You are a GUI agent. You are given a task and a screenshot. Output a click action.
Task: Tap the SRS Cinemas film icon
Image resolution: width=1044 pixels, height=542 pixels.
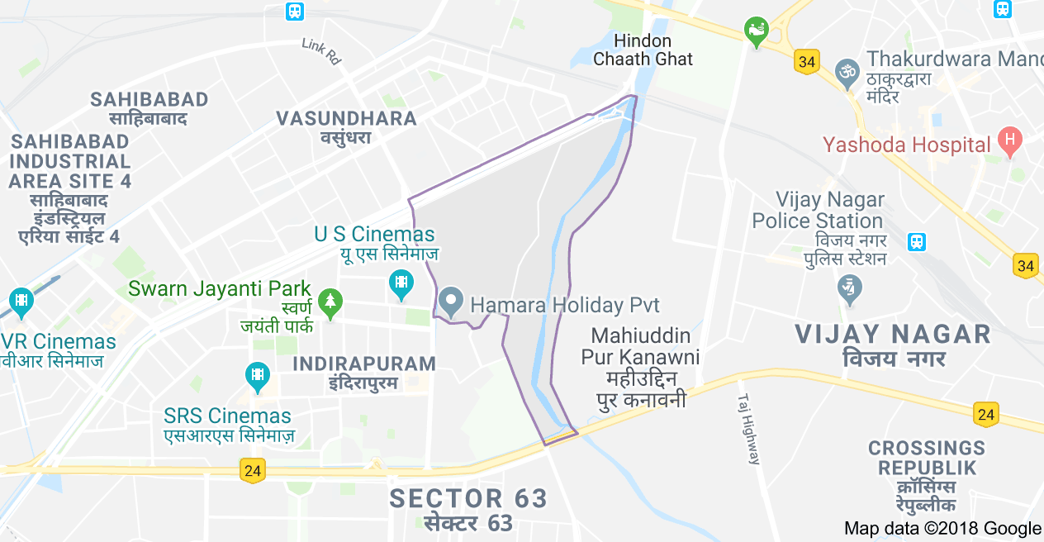tap(259, 377)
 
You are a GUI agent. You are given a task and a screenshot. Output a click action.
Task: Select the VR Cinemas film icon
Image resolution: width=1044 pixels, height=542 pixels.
tap(21, 302)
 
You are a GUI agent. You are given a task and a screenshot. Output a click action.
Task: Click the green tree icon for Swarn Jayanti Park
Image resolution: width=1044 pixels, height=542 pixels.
tap(330, 303)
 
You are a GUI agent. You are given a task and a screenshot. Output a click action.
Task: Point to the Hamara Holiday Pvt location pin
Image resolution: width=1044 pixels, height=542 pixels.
tap(450, 302)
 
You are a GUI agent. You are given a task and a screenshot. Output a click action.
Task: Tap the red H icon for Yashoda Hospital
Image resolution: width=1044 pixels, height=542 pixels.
tap(1008, 142)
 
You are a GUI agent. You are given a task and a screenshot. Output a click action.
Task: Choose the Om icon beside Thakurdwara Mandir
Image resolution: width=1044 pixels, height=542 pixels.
tap(847, 72)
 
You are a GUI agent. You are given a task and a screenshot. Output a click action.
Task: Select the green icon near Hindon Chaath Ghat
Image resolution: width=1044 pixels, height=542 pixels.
tap(755, 31)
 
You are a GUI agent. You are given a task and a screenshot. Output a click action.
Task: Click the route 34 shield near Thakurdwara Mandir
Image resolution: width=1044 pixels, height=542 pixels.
tap(807, 62)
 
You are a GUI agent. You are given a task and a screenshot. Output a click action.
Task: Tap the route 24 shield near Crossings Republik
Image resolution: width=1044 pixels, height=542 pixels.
tap(985, 414)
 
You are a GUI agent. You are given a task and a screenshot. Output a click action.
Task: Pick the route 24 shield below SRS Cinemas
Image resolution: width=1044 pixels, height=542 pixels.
tap(253, 470)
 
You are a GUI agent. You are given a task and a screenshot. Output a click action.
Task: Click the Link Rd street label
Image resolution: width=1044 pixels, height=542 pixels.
tap(321, 51)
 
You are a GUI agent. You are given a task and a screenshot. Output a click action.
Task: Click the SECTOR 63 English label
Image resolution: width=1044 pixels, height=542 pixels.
tap(468, 499)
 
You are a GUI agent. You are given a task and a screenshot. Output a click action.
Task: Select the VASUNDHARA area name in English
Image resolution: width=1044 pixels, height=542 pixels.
tap(346, 118)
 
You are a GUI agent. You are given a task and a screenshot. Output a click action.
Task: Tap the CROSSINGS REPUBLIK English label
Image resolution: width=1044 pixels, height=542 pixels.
tap(927, 458)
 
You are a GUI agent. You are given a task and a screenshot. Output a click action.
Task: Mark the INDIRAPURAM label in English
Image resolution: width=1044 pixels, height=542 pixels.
tap(364, 364)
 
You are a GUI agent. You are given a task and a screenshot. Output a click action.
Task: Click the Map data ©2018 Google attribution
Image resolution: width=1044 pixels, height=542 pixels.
tap(942, 529)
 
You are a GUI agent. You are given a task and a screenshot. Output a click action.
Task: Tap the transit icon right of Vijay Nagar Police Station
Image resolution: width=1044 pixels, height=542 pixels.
tap(916, 242)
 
